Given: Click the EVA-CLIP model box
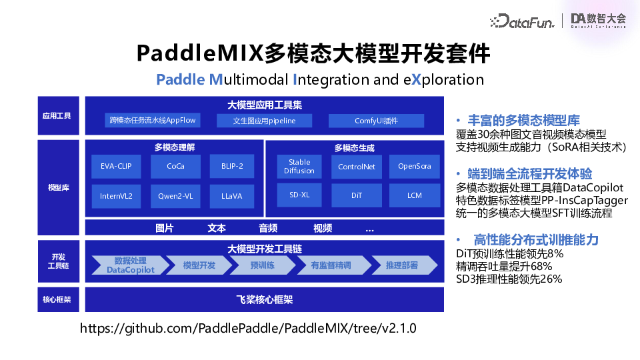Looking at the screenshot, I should tap(116, 167).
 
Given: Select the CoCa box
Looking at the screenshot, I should tap(175, 167).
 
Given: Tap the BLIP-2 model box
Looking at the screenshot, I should tap(231, 167).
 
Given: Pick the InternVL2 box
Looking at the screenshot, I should tap(116, 196).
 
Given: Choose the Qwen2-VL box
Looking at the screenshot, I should tap(175, 196).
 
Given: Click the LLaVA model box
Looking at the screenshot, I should tap(231, 196).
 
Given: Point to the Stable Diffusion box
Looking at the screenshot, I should tap(299, 167).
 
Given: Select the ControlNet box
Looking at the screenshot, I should tap(356, 167).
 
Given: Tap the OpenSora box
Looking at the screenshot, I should tap(415, 167).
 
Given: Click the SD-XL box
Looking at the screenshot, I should tap(299, 195).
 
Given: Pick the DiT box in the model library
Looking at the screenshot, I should tap(356, 195).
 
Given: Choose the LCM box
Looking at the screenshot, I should tap(415, 195).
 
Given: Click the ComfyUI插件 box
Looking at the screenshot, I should tap(376, 121).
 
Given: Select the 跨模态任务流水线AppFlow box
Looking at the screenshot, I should tap(153, 121).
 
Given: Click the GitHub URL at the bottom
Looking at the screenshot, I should tap(248, 328).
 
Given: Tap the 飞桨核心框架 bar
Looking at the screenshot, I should tap(264, 300).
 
